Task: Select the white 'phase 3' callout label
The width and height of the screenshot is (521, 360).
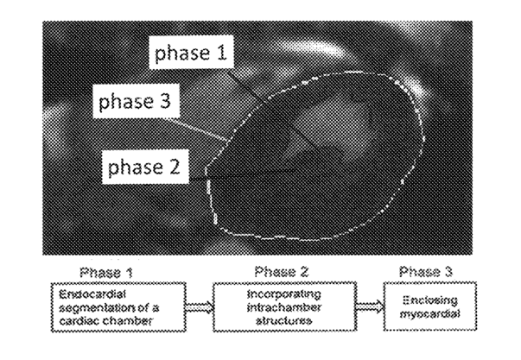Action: tap(135, 104)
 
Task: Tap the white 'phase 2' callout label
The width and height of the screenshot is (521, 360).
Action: tap(143, 165)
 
